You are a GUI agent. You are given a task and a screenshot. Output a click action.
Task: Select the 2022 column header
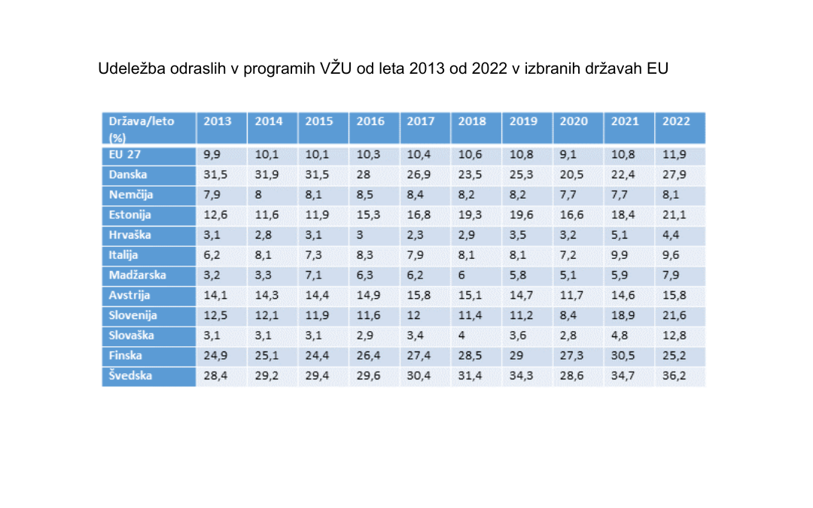(675, 122)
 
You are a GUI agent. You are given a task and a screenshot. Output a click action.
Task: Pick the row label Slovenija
(132, 315)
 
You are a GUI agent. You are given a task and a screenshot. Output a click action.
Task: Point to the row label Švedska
(131, 376)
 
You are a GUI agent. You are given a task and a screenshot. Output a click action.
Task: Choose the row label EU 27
(125, 155)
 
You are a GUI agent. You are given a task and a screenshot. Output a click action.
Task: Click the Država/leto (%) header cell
(141, 129)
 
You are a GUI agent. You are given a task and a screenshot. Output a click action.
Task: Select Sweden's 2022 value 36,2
(674, 376)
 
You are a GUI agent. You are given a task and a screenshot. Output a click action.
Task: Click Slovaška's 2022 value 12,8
(674, 336)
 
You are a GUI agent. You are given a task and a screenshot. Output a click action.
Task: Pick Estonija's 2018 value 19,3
(470, 215)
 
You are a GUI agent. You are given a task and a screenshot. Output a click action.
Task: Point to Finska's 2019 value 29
(518, 355)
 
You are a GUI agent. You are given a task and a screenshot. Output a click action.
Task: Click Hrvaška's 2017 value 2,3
(416, 235)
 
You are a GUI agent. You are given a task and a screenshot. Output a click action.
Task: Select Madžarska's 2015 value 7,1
(315, 275)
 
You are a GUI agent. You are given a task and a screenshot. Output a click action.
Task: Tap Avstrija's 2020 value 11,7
(572, 295)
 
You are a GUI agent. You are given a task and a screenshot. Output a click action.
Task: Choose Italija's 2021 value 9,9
(621, 255)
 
